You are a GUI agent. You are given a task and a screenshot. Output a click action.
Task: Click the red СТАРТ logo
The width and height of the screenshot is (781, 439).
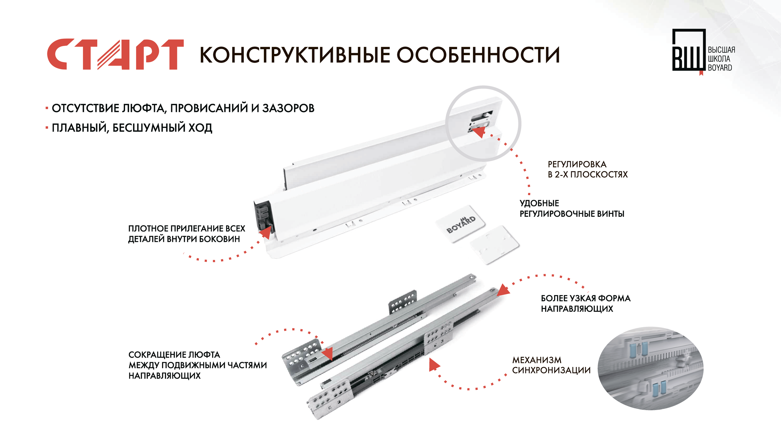(x=115, y=54)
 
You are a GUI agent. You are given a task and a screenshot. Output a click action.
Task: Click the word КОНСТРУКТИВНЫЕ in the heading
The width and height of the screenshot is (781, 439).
(x=295, y=55)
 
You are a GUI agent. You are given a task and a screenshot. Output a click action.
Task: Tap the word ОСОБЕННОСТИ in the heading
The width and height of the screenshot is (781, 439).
(x=478, y=55)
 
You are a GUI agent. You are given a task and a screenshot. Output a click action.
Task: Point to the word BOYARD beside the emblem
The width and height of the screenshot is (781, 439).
(x=720, y=68)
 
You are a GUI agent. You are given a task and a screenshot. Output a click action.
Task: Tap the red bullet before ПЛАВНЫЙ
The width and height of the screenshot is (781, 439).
(x=47, y=128)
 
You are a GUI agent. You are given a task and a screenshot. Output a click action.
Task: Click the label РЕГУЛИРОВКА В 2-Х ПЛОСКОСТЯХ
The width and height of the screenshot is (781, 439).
(x=588, y=170)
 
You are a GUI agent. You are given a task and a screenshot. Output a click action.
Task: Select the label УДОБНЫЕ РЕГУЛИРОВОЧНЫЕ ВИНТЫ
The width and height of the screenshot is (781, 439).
(x=572, y=209)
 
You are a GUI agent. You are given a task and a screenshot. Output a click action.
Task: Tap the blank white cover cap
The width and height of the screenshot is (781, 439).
(x=495, y=245)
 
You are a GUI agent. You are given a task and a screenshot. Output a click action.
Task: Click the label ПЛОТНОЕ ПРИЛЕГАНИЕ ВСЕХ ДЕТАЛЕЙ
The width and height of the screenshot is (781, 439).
(x=186, y=234)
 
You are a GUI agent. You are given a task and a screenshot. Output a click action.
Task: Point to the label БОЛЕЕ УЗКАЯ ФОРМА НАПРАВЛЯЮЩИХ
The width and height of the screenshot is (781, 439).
(x=586, y=303)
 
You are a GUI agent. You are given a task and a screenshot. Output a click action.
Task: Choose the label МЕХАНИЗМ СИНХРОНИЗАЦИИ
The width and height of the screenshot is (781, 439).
(x=551, y=365)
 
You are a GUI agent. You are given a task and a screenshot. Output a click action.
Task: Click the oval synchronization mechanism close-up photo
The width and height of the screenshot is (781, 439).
(x=650, y=368)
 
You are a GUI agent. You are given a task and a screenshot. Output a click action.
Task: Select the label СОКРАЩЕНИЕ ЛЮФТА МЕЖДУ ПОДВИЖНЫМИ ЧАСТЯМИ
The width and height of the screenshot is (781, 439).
(x=197, y=365)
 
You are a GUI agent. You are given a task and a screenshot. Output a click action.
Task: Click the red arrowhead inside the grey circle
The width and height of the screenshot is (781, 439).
(x=479, y=132)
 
